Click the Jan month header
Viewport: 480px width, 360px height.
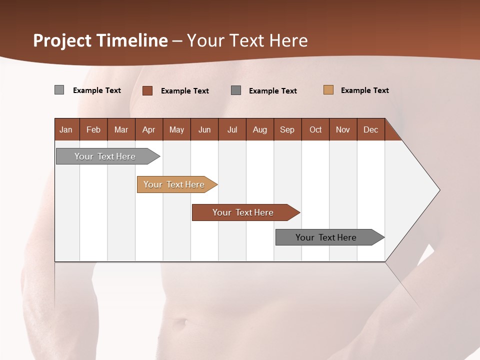(66, 129)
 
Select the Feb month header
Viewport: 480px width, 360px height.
(93, 129)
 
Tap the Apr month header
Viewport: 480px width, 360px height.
(149, 129)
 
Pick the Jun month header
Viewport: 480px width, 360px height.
(204, 129)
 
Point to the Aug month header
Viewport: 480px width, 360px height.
(260, 129)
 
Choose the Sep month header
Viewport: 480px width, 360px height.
(287, 129)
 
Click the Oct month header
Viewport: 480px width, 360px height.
(315, 129)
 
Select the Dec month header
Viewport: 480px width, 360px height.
(371, 129)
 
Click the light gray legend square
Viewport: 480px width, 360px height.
(59, 90)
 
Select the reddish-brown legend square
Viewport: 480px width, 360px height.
(147, 90)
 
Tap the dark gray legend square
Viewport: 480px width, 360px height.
(236, 90)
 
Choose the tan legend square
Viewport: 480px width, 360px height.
(328, 90)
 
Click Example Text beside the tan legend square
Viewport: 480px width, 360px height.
(364, 90)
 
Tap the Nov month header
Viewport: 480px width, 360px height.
(343, 129)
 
